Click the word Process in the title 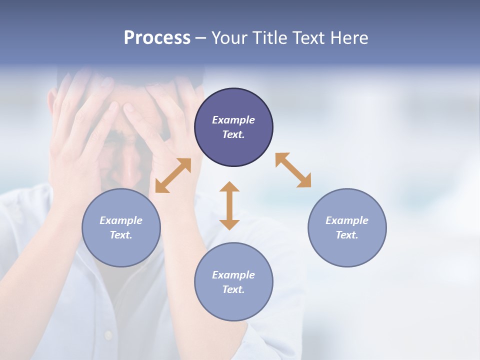tap(157, 38)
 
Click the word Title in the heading tap(270, 38)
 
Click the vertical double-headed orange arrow tap(229, 205)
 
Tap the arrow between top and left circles tap(173, 175)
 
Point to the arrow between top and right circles tap(293, 170)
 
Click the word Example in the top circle tap(233, 120)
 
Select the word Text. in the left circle tap(121, 235)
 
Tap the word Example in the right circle tap(347, 220)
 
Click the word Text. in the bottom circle tap(233, 289)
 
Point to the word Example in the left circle tap(121, 220)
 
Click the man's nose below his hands tap(131, 170)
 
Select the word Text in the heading tap(306, 38)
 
